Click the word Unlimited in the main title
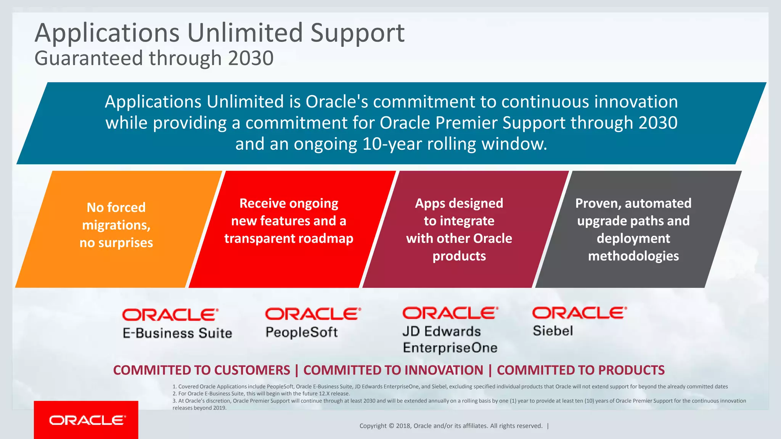(245, 33)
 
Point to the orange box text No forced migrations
(116, 216)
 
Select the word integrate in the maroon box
(459, 221)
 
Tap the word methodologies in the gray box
(633, 256)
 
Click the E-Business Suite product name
(177, 333)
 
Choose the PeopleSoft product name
(301, 332)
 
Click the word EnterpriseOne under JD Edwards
(450, 348)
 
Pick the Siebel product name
(553, 331)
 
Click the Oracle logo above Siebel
(579, 313)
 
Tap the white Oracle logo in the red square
(87, 420)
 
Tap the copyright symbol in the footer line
(391, 426)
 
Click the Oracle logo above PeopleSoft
(312, 314)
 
